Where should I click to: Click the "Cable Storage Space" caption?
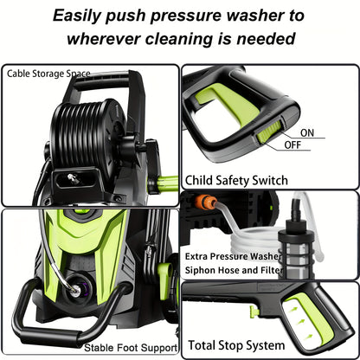click(48, 74)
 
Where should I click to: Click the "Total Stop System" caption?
click(235, 344)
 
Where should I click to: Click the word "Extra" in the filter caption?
click(200, 257)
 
